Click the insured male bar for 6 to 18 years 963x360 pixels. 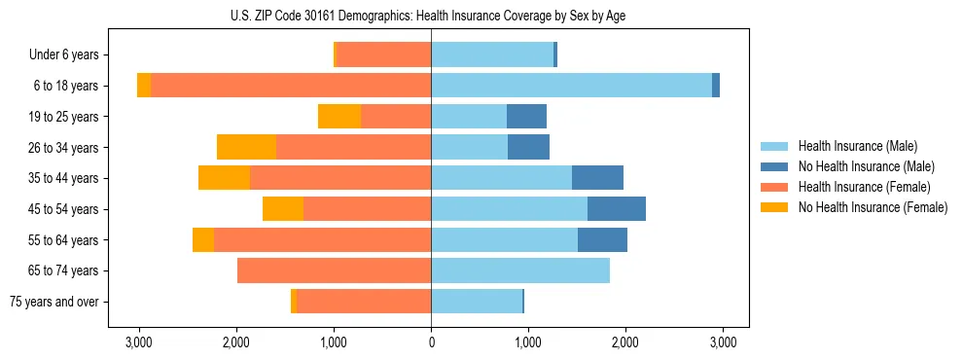click(x=571, y=86)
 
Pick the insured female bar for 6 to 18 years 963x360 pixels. click(x=291, y=86)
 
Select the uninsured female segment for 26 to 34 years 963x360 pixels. click(x=246, y=147)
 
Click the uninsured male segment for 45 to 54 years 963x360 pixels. click(x=617, y=209)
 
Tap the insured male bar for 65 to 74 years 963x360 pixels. click(x=520, y=270)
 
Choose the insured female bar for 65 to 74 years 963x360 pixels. click(x=334, y=270)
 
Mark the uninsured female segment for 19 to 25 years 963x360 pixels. click(x=339, y=117)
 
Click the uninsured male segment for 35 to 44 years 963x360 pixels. click(x=597, y=178)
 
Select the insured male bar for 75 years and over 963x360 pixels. click(x=477, y=302)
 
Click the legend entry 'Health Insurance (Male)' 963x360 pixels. click(x=857, y=146)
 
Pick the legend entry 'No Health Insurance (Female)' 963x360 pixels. click(x=873, y=207)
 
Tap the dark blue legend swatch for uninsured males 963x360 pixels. click(x=774, y=166)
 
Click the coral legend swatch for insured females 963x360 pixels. click(x=774, y=187)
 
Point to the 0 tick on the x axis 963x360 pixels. click(x=431, y=342)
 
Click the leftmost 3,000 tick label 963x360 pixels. click(x=139, y=342)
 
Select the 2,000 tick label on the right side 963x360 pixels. click(x=624, y=342)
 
